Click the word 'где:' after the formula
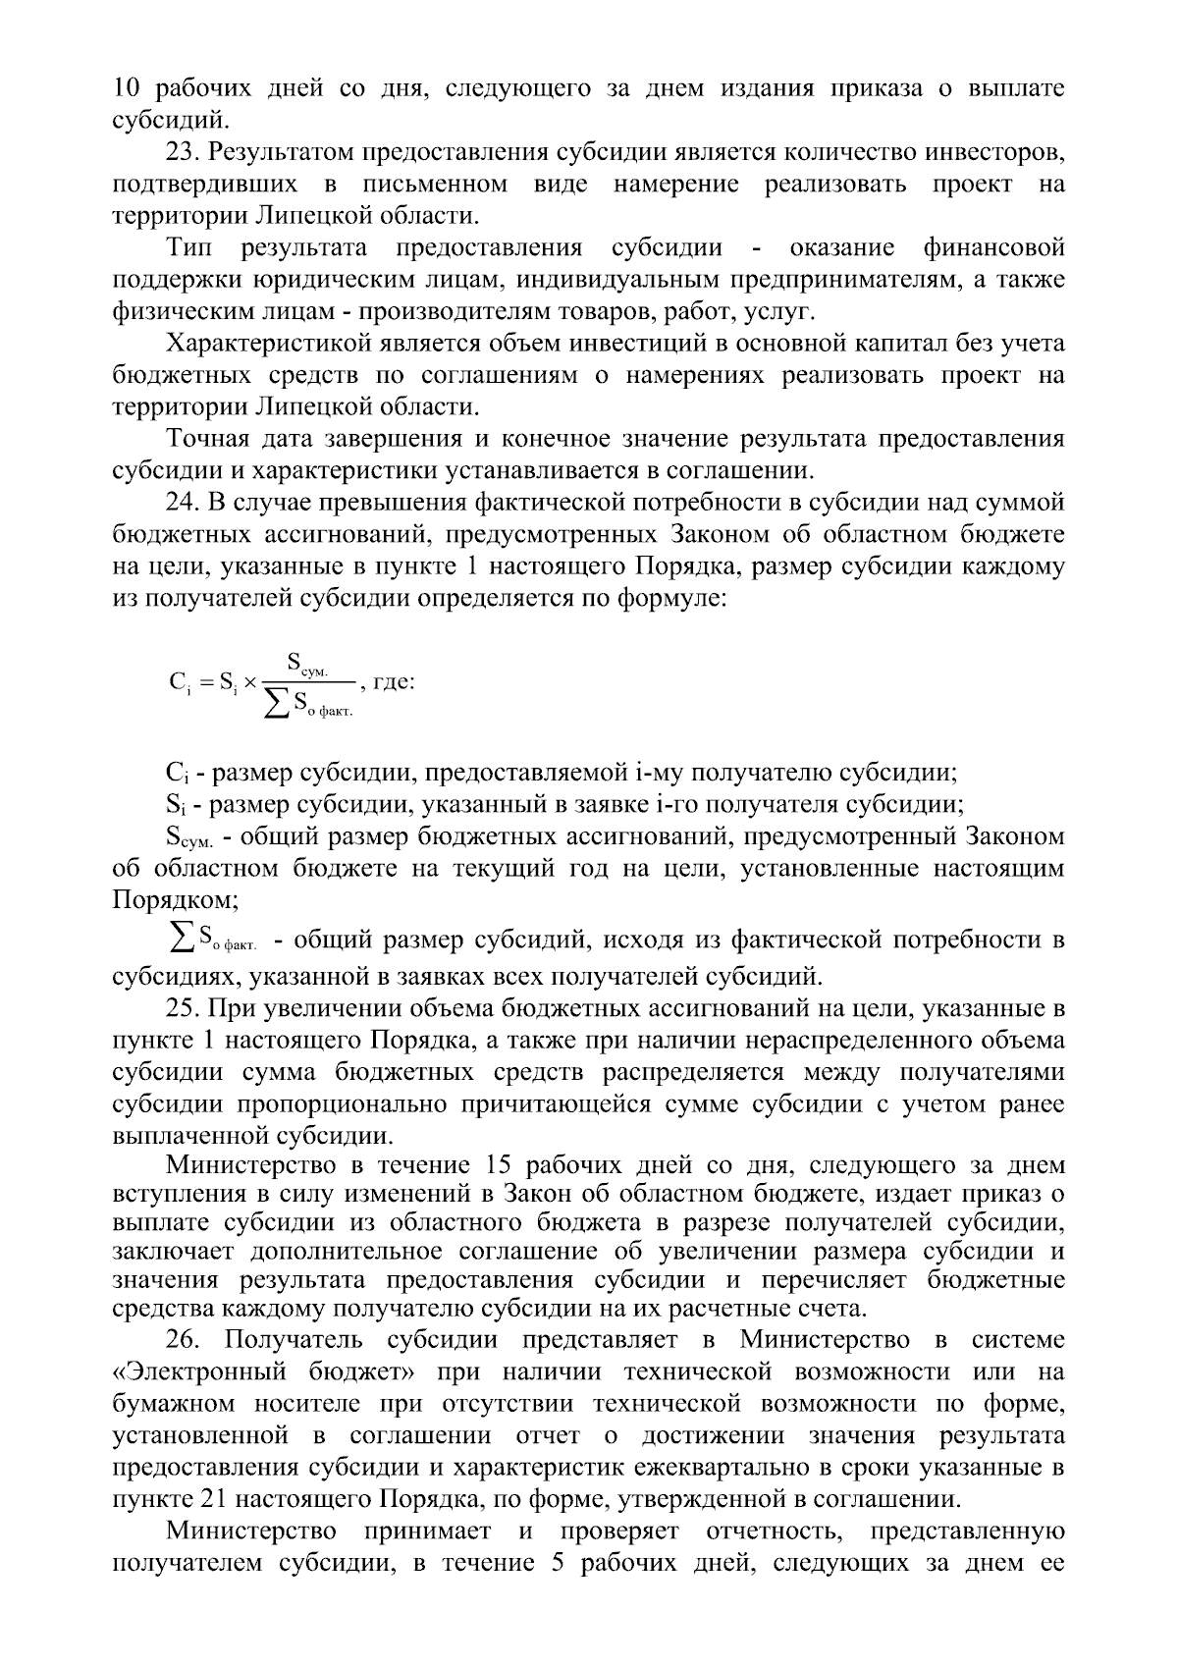coord(395,681)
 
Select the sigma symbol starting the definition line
coord(181,940)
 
